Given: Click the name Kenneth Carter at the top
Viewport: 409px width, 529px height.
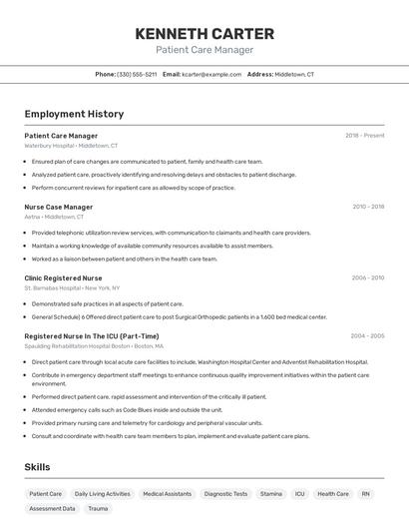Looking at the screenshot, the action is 204,33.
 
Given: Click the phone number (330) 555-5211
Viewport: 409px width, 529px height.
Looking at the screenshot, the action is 137,74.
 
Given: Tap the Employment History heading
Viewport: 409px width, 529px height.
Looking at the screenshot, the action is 74,114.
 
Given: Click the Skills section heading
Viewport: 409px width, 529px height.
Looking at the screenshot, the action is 38,467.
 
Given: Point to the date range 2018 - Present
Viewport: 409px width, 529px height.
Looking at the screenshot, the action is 365,136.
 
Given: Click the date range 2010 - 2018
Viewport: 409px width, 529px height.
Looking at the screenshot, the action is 368,207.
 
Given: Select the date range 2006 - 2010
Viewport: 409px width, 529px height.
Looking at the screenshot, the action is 368,278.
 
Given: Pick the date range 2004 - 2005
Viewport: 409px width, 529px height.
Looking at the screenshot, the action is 368,336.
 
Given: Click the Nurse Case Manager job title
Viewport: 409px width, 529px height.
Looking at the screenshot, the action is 58,207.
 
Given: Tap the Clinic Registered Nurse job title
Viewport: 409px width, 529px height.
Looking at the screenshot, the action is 63,278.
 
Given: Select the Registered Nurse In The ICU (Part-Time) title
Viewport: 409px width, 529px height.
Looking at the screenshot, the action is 91,336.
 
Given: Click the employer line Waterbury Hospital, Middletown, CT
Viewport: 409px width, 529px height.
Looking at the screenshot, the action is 71,146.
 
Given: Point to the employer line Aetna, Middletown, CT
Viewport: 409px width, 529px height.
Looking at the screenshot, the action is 54,217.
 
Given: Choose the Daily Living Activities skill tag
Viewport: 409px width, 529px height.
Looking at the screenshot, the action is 102,494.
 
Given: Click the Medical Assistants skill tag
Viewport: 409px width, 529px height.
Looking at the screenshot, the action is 167,494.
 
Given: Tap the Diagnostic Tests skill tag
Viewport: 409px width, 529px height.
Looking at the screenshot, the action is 225,494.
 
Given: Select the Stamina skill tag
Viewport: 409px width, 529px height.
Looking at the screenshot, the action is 271,494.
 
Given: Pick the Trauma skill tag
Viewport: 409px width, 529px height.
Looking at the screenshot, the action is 98,509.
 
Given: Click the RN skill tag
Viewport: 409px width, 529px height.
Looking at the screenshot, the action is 366,494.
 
